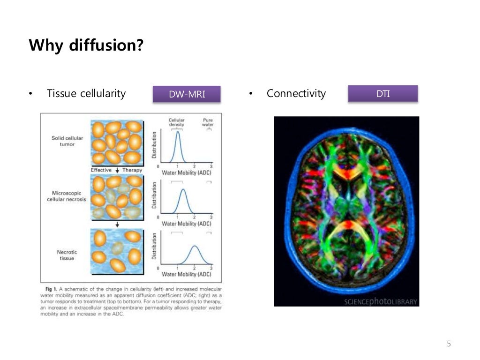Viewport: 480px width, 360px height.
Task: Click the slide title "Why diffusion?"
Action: pyautogui.click(x=86, y=46)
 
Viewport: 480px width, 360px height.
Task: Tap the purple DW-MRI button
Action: pyautogui.click(x=187, y=94)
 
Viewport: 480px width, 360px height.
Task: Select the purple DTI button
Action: pyautogui.click(x=382, y=94)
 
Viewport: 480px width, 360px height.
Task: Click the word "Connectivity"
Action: pyautogui.click(x=296, y=93)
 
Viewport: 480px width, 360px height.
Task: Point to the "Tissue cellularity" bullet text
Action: pyautogui.click(x=86, y=93)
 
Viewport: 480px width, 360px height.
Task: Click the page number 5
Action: pyautogui.click(x=449, y=344)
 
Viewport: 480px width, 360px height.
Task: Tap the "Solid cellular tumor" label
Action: pyautogui.click(x=64, y=141)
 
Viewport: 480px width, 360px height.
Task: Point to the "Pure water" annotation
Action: pyautogui.click(x=207, y=122)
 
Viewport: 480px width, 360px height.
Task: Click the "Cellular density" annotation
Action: pyautogui.click(x=177, y=122)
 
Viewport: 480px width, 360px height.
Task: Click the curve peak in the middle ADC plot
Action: pyautogui.click(x=183, y=189)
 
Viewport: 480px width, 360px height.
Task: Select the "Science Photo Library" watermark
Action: pyautogui.click(x=380, y=301)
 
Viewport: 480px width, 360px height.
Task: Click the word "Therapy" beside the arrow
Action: pyautogui.click(x=132, y=170)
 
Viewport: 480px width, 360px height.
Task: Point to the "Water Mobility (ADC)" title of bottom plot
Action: pyautogui.click(x=187, y=274)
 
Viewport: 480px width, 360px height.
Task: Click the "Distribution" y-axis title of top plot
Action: pyautogui.click(x=154, y=145)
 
